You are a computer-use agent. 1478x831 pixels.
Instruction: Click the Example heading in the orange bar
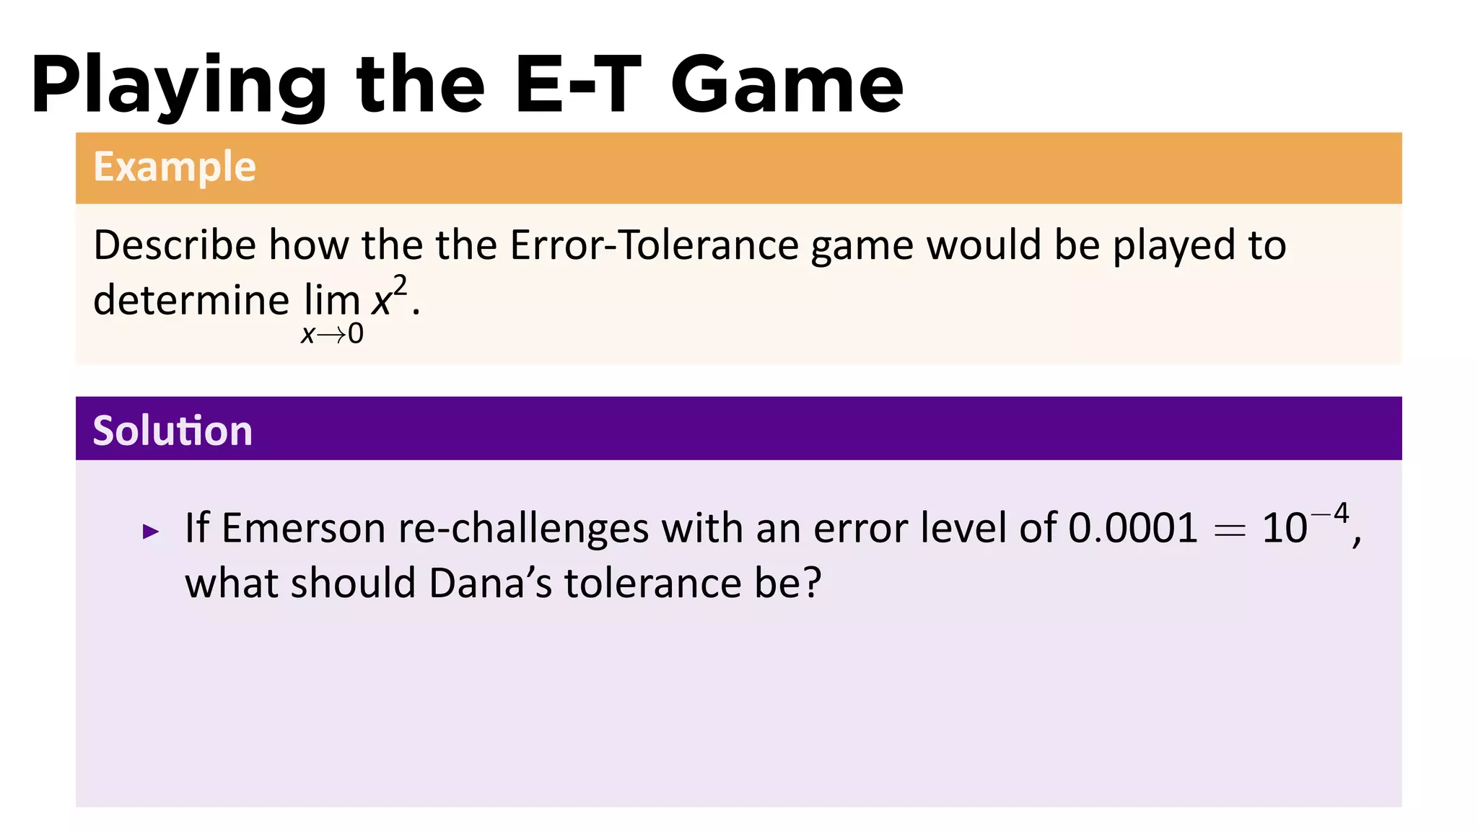click(175, 167)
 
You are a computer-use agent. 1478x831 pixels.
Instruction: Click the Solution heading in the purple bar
click(172, 431)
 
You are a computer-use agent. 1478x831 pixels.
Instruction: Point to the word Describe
click(175, 245)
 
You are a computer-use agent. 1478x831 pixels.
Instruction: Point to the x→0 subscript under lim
click(332, 334)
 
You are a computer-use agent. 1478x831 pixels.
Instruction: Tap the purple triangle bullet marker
click(151, 532)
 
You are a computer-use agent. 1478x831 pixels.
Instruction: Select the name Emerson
click(303, 528)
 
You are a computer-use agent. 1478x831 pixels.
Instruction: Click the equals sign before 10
click(1230, 531)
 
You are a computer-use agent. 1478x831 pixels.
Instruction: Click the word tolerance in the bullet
click(652, 583)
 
